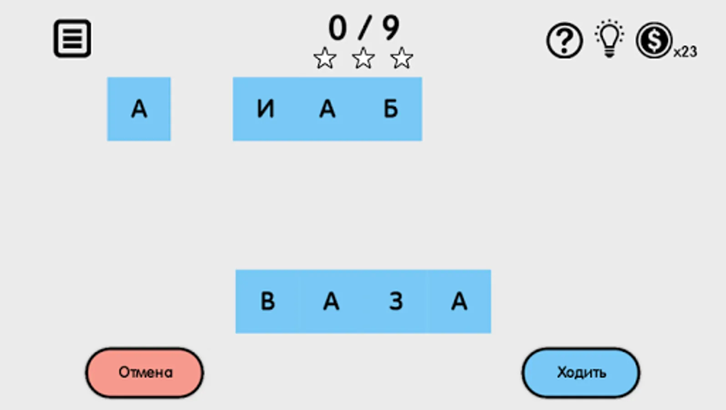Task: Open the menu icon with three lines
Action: click(x=72, y=38)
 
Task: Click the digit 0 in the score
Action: click(x=337, y=28)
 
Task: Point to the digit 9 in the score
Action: click(x=391, y=28)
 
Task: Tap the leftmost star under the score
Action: click(x=325, y=58)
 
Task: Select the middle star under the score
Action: click(x=363, y=58)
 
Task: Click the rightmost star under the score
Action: click(x=401, y=58)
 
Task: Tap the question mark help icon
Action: click(x=564, y=41)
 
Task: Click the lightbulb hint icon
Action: click(x=609, y=39)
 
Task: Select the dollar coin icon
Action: click(x=654, y=40)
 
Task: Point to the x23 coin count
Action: click(x=685, y=52)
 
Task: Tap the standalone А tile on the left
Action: click(x=139, y=109)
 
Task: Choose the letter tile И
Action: click(x=265, y=109)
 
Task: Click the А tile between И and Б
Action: click(x=327, y=109)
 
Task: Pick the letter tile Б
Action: click(x=391, y=109)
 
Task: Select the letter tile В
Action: click(x=268, y=302)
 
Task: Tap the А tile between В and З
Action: click(x=331, y=302)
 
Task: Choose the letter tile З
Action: click(x=396, y=302)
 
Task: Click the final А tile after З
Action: click(x=459, y=302)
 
